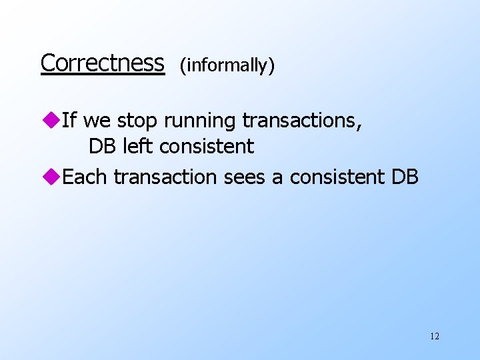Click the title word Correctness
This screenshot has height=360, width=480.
click(x=102, y=63)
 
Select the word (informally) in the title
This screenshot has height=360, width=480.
click(x=227, y=65)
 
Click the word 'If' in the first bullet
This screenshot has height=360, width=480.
click(x=69, y=121)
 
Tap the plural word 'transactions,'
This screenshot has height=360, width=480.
click(x=302, y=121)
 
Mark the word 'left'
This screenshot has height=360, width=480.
click(x=138, y=146)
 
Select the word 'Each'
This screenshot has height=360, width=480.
click(x=85, y=177)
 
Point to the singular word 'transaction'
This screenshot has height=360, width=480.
click(x=165, y=177)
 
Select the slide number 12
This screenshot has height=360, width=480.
click(x=435, y=337)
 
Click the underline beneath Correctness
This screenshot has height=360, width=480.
click(x=102, y=75)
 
